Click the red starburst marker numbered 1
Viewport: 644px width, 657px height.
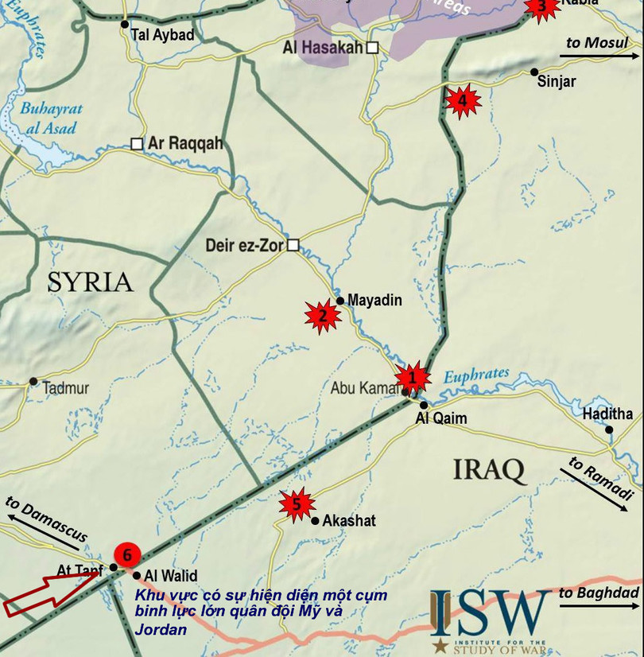413,377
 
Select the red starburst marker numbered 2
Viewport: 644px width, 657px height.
323,316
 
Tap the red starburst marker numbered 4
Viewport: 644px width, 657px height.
462,101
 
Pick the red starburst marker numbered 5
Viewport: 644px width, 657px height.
297,503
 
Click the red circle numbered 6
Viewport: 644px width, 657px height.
126,555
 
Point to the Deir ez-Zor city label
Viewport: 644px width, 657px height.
244,246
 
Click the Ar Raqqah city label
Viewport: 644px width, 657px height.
186,144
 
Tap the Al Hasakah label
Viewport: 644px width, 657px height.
323,48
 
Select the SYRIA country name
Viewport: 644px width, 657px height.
89,282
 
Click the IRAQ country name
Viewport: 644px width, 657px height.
490,469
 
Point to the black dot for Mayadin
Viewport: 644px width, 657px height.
340,301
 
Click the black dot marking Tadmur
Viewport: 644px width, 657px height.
33,382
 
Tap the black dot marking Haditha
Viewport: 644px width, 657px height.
610,430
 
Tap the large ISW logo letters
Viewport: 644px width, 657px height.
491,613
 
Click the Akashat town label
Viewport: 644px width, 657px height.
349,521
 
